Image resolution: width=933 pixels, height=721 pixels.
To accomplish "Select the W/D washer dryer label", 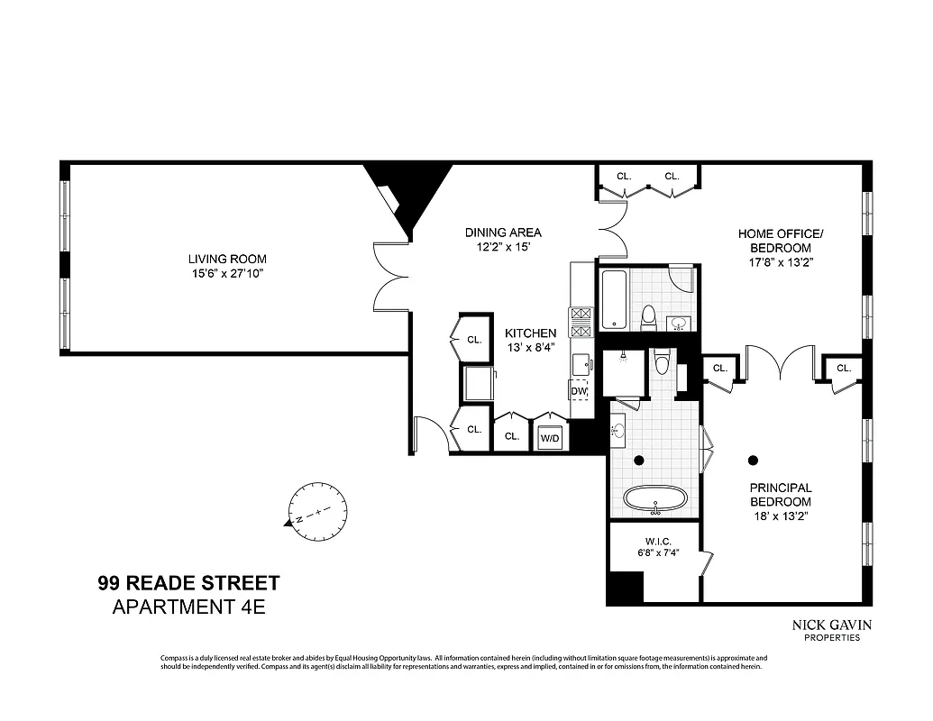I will point(549,437).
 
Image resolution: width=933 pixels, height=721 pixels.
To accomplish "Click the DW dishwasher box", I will point(579,392).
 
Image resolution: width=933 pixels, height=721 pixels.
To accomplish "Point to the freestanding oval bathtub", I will point(654,498).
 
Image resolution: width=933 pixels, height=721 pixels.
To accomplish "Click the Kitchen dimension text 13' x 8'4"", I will point(529,347).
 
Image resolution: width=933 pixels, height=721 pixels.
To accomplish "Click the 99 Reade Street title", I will point(188,583).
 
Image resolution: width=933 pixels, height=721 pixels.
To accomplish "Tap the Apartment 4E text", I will point(188,607).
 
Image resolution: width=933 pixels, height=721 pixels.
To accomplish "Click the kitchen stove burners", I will point(581,323).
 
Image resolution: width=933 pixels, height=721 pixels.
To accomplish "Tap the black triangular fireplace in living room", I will point(410,194).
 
